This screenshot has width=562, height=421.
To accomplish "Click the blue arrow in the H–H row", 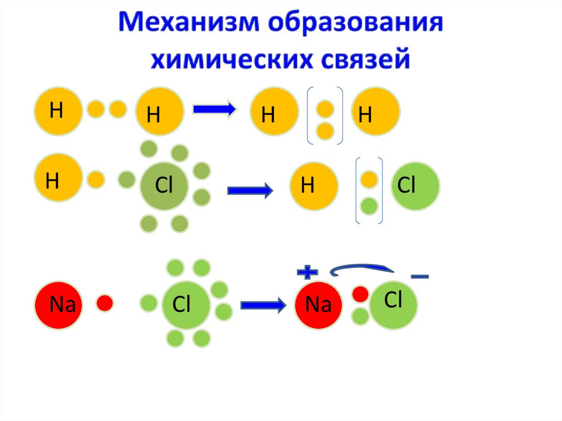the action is (x=214, y=109).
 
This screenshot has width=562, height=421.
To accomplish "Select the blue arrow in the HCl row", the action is (x=250, y=191).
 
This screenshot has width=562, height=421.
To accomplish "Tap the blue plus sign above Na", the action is (x=307, y=271).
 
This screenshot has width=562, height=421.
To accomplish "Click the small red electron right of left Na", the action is (x=105, y=302).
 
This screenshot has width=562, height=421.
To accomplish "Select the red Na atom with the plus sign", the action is (x=319, y=305).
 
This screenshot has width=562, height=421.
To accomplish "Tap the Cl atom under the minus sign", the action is (x=394, y=301).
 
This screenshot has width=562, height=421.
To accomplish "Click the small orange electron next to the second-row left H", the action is (x=95, y=179).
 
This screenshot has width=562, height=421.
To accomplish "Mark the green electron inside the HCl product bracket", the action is (x=369, y=206).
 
